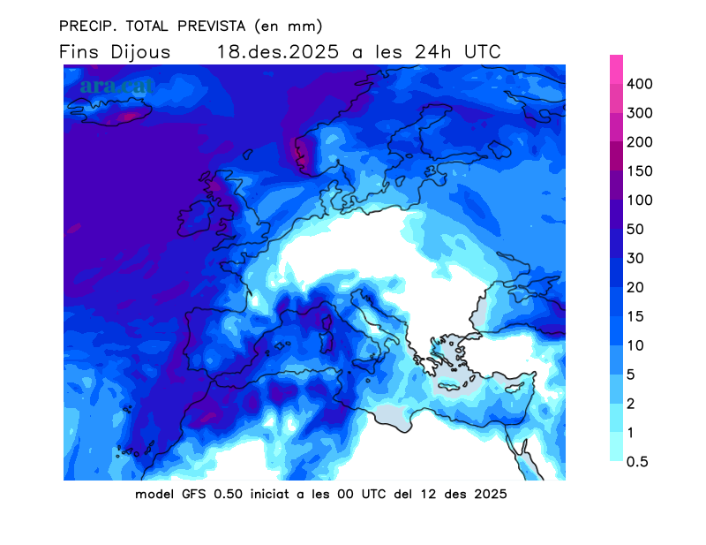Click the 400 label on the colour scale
[x=639, y=84]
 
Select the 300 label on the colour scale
[x=639, y=113]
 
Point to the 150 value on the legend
[x=639, y=171]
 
